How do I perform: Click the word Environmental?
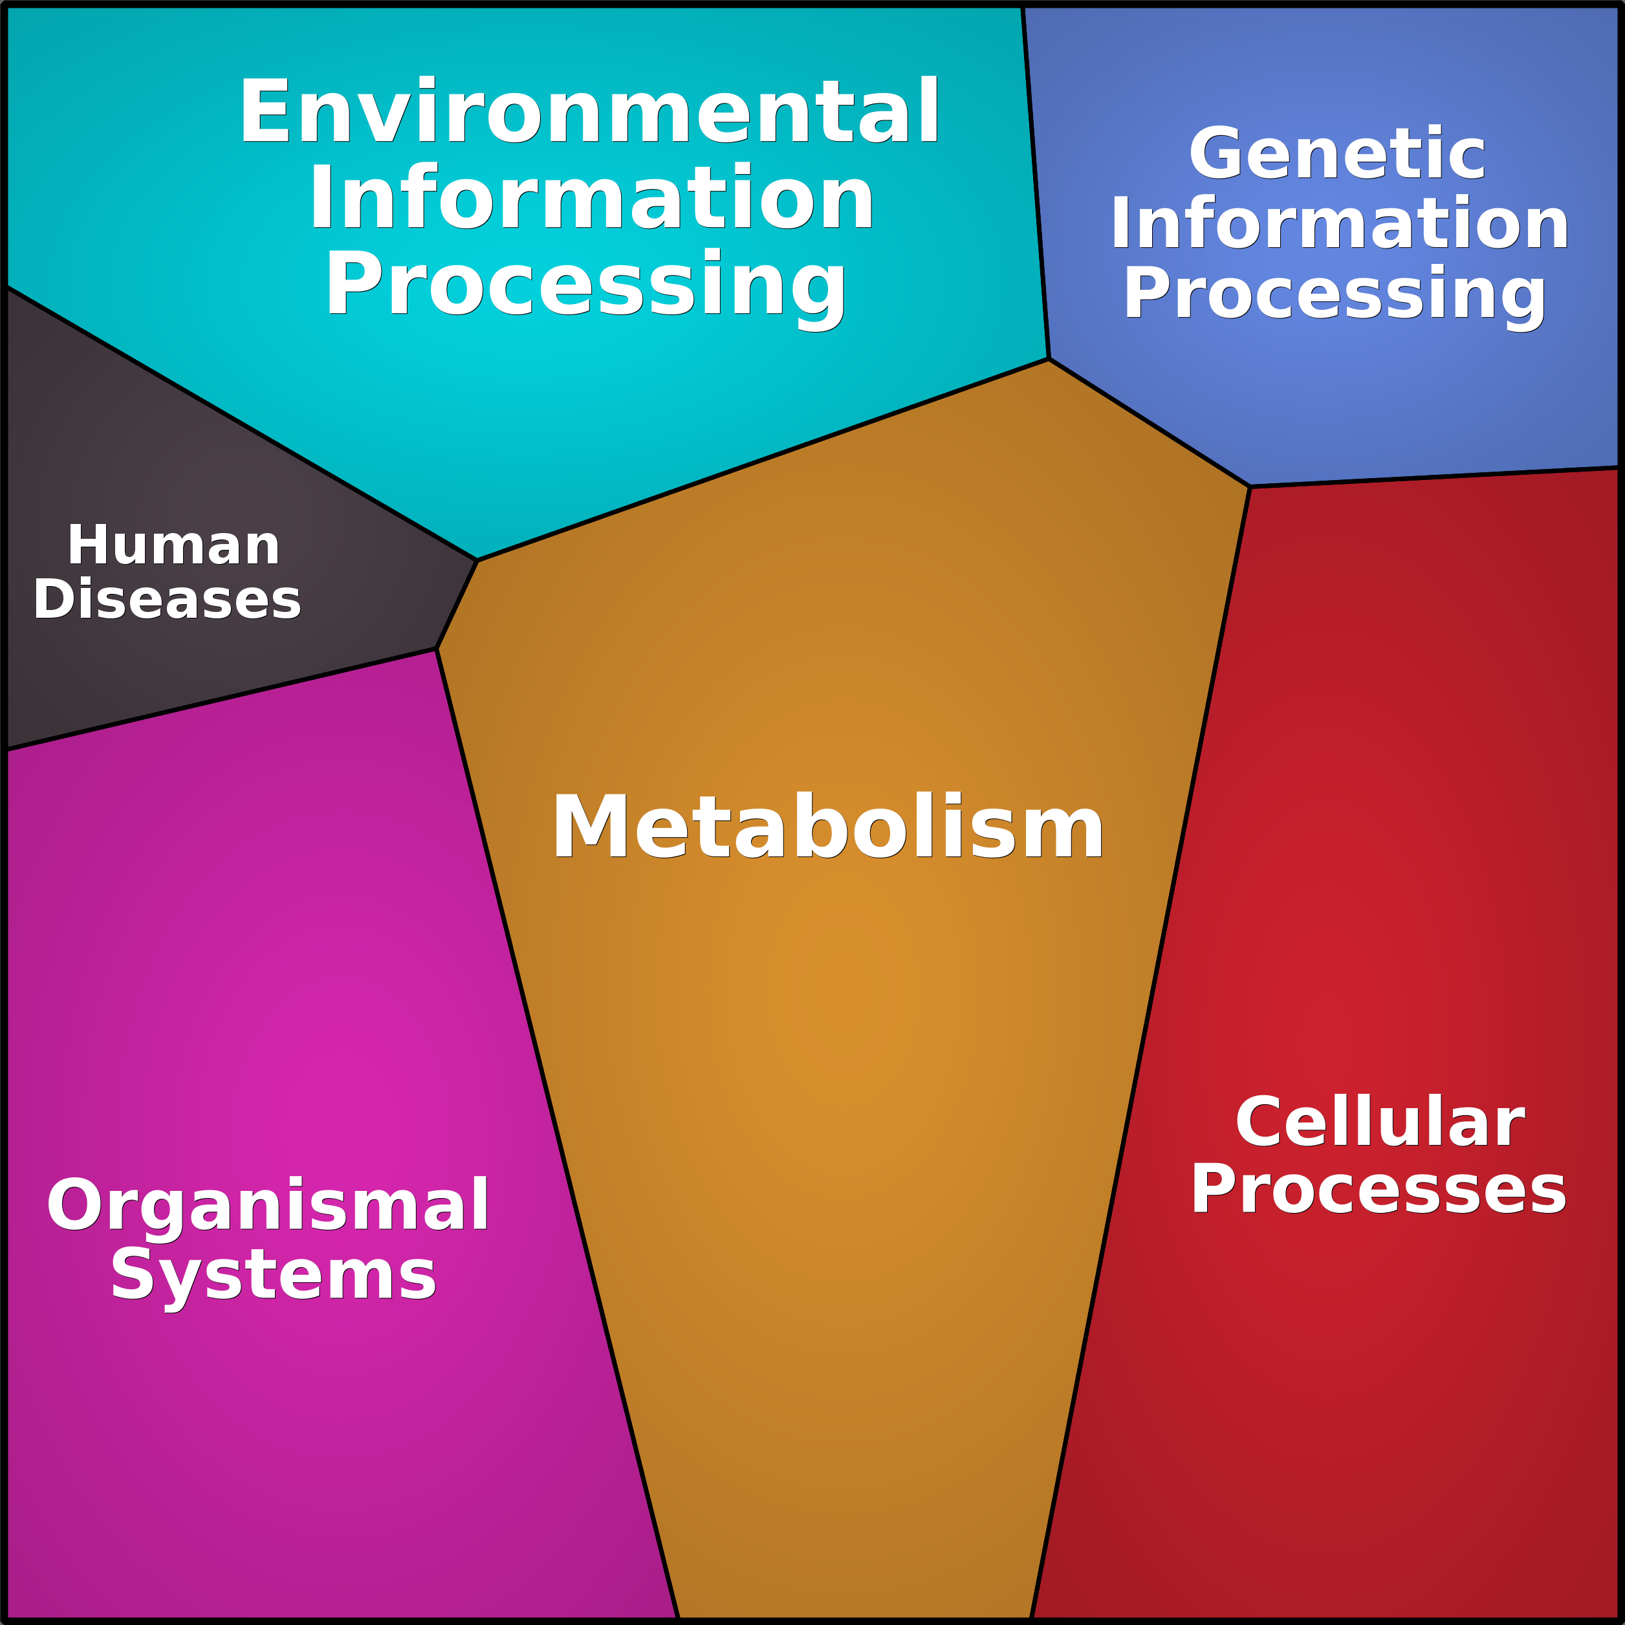pos(589,112)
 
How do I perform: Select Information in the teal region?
pos(591,199)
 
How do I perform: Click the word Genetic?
pos(1337,154)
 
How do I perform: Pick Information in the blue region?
pos(1339,224)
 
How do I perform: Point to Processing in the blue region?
pos(1335,294)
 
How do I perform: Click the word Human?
pos(173,546)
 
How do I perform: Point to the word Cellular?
pos(1379,1122)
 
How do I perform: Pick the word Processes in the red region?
pos(1378,1189)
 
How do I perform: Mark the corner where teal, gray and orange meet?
pos(477,560)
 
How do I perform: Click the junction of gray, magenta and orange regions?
pos(437,648)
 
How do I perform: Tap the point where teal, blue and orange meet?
pos(1049,359)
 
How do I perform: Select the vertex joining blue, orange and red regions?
pos(1250,486)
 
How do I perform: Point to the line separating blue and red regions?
pos(1434,477)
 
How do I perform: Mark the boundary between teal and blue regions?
pos(1036,183)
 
